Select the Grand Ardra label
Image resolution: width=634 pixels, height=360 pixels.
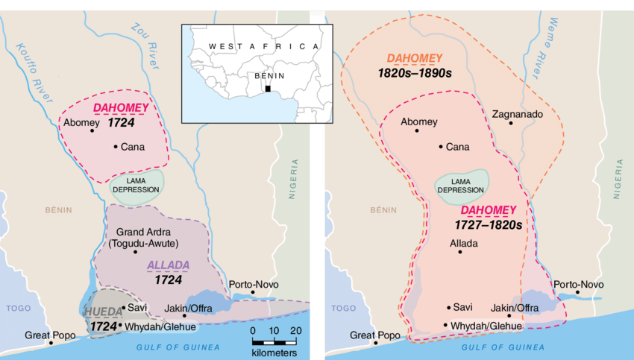tap(141, 232)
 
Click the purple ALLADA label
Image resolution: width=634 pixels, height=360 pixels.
tap(168, 265)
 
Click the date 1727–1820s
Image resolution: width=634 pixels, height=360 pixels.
tap(488, 224)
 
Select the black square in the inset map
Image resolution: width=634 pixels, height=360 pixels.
tap(266, 90)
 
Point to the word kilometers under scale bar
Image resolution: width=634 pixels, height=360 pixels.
tap(274, 353)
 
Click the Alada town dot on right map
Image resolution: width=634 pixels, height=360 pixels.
tap(460, 252)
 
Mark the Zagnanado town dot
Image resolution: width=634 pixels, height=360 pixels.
tap(511, 123)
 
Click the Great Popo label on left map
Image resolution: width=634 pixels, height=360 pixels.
tap(50, 335)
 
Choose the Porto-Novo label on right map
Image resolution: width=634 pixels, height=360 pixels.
tap(577, 285)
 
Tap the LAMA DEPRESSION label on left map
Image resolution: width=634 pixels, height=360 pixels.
tap(136, 185)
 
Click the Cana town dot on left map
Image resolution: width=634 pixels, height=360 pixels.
tap(115, 146)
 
